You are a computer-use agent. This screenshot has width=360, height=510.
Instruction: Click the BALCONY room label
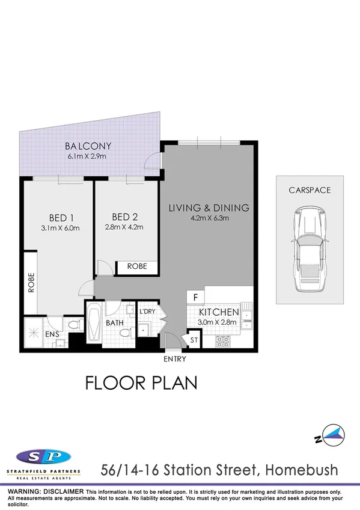coord(88,146)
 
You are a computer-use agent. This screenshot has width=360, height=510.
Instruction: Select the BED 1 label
coord(61,217)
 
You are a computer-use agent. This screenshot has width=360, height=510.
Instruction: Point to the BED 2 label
coord(126,217)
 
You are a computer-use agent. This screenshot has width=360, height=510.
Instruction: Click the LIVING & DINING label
coord(209,208)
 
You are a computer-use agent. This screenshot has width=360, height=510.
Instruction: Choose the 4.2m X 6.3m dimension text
coord(207,218)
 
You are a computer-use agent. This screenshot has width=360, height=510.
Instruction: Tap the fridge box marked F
coord(195,297)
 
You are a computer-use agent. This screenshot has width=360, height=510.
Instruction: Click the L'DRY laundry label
coord(147,312)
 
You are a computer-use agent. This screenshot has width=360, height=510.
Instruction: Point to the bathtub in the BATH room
coord(95,325)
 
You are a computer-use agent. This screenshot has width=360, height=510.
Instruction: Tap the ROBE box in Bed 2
coord(136,267)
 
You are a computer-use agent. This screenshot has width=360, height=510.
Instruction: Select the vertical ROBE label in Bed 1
coord(31,283)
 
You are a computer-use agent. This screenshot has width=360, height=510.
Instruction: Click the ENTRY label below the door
coord(174,359)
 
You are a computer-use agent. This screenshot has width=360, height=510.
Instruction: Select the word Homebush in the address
coord(305,469)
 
